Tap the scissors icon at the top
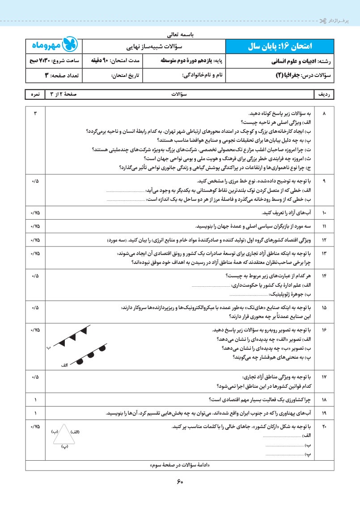322,21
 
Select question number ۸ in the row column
324,114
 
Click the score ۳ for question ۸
35,114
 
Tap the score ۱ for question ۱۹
35,413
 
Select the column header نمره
35,94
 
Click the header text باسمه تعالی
180,33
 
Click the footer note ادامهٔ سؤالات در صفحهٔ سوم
180,466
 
